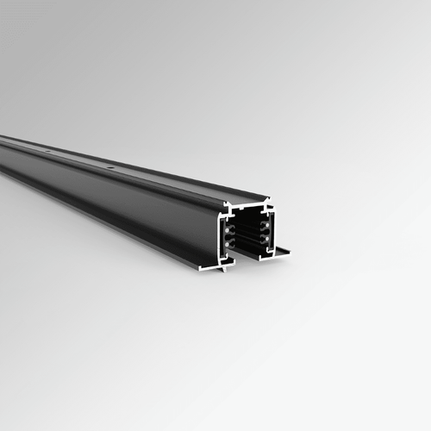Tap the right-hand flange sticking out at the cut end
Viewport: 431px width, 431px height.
coord(280,252)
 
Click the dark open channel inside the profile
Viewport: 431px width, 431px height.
coord(247,234)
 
